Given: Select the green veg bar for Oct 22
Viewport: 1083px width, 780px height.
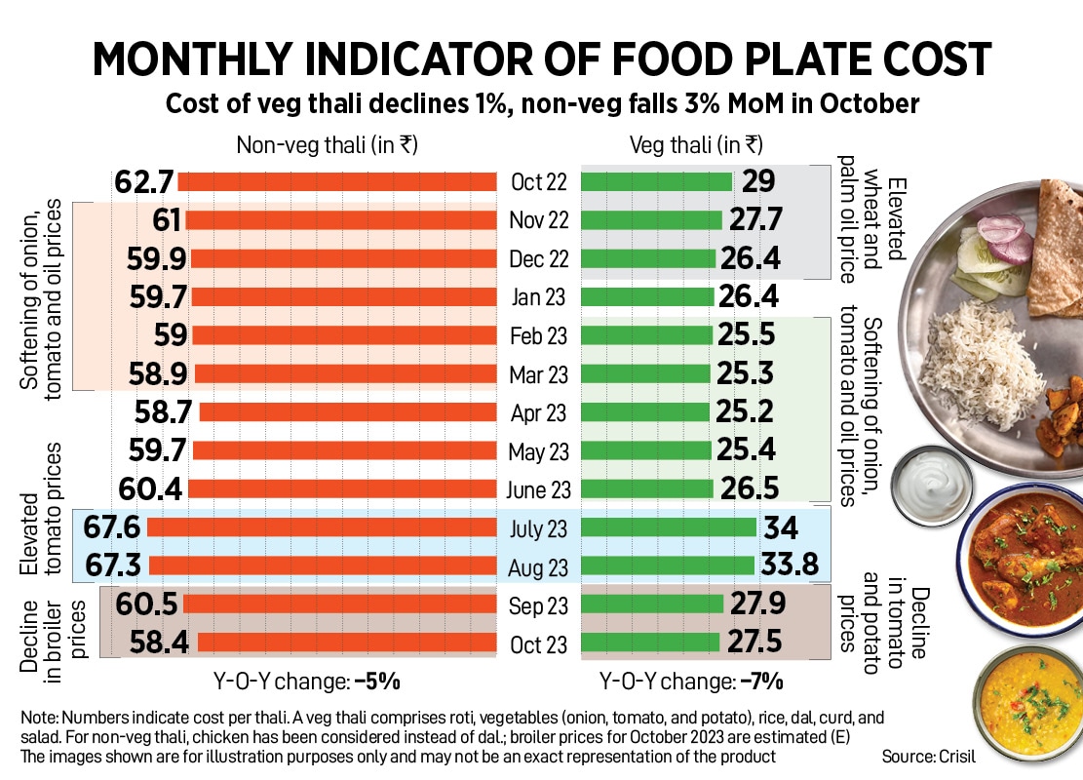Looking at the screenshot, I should click(x=656, y=182).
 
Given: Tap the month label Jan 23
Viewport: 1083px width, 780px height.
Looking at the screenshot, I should click(x=538, y=297).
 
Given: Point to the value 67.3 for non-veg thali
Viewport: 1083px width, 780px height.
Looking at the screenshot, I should click(x=114, y=566).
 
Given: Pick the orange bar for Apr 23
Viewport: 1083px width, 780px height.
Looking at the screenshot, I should click(x=348, y=412).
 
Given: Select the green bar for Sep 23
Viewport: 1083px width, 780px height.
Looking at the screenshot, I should click(x=651, y=605).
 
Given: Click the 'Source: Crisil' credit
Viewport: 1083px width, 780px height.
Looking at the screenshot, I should click(x=928, y=756).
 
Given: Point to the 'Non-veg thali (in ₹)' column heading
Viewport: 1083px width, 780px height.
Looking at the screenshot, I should click(x=328, y=145).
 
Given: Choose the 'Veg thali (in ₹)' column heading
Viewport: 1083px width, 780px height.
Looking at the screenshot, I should click(x=696, y=145).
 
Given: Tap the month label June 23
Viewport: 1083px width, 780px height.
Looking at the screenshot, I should click(x=538, y=489).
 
